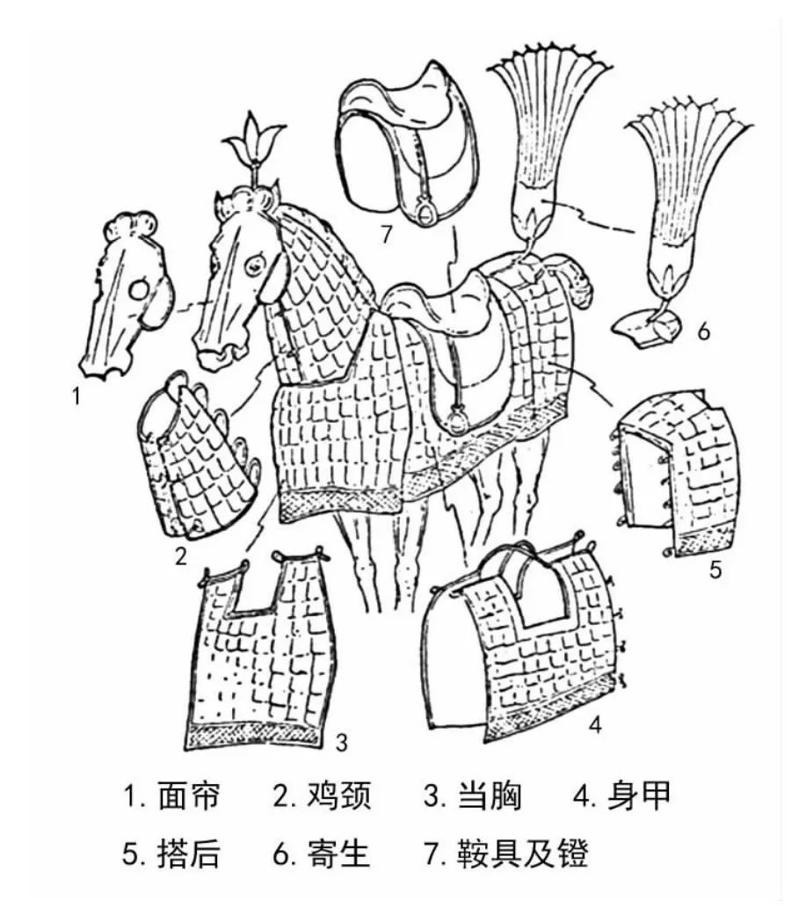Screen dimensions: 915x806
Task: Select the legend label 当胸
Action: pos(490,797)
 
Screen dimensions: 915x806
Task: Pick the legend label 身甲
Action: pos(639,797)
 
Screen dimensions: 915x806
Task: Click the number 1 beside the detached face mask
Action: pos(77,396)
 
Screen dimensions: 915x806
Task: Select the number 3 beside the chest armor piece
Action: pos(341,741)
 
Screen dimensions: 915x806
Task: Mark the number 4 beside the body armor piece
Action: pos(594,727)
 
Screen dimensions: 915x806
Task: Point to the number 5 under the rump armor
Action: pos(715,569)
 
